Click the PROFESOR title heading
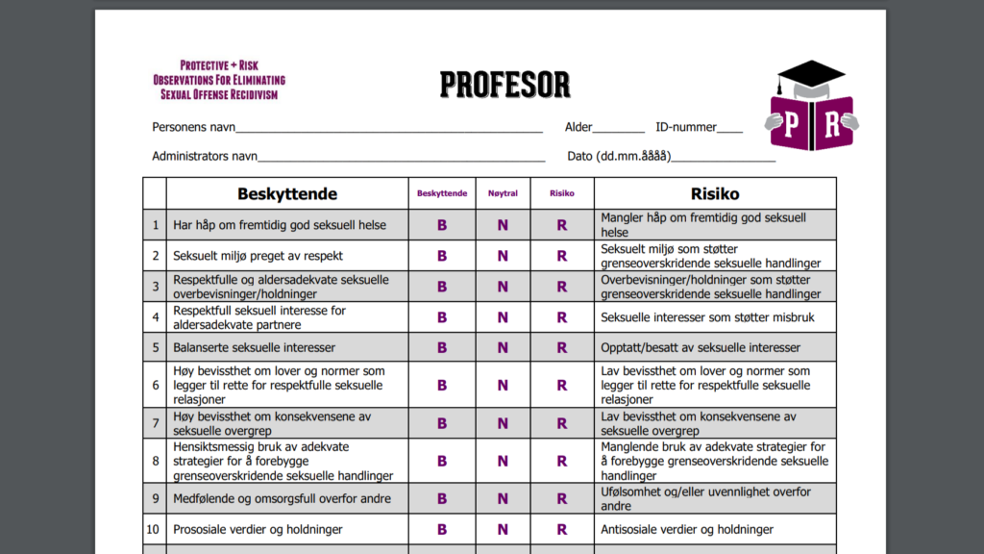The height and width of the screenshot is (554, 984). (x=505, y=85)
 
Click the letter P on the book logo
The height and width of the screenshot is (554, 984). (x=790, y=124)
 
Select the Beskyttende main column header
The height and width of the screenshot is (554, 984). (x=287, y=193)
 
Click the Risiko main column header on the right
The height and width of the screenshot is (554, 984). (x=715, y=193)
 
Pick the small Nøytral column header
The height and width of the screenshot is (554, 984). (x=503, y=193)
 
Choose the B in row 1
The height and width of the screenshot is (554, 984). (x=442, y=225)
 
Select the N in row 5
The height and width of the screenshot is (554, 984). (x=503, y=347)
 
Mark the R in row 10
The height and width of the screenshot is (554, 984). (x=562, y=529)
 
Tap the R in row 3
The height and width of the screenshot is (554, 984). (x=562, y=287)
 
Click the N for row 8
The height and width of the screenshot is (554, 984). (x=503, y=461)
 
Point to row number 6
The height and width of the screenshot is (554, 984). (x=155, y=385)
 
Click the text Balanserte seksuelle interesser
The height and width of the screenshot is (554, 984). (x=254, y=347)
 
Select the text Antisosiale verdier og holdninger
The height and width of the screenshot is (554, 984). (x=687, y=529)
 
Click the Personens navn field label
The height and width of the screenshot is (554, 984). (x=193, y=127)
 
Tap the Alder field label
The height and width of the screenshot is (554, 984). (x=578, y=127)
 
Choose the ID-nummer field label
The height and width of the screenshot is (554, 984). (x=686, y=127)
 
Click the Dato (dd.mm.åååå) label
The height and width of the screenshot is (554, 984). (x=619, y=156)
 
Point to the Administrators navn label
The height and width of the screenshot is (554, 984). (x=205, y=156)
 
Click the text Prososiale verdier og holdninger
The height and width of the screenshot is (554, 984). (x=258, y=529)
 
